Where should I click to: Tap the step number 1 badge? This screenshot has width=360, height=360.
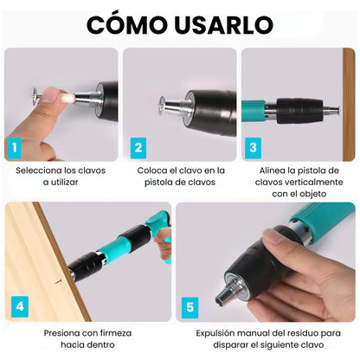(15, 147)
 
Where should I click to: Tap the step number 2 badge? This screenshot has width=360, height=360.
(137, 147)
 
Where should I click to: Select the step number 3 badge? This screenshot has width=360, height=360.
(252, 147)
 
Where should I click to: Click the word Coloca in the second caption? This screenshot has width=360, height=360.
(155, 170)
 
